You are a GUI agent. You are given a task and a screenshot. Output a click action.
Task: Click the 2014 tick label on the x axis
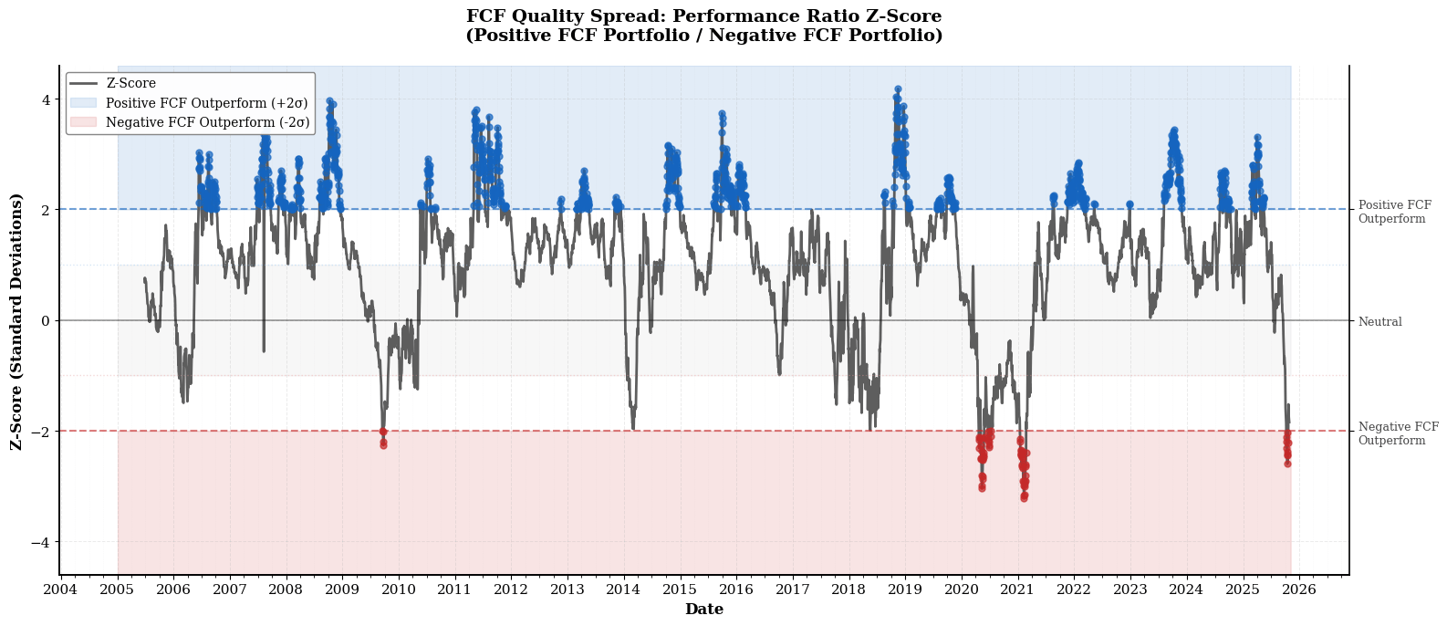click(623, 589)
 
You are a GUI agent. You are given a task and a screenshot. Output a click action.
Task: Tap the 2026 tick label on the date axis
click(1299, 589)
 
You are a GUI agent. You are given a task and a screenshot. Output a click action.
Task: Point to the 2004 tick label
click(60, 589)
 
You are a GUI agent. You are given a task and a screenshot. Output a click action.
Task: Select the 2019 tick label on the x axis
click(905, 589)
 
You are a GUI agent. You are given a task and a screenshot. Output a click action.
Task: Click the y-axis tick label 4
click(46, 99)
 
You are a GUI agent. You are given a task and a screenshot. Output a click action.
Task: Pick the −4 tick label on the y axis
click(42, 542)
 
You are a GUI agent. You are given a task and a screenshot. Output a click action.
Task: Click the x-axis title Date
click(703, 610)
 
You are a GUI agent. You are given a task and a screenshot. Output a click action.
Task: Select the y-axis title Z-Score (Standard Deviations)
click(16, 321)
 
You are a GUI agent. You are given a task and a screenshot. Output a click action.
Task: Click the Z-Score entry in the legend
click(131, 84)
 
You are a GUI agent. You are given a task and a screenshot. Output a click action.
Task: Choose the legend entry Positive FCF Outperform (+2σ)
click(206, 103)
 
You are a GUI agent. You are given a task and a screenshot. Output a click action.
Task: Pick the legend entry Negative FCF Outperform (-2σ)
click(207, 122)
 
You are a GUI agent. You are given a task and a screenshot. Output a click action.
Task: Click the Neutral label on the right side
click(1379, 322)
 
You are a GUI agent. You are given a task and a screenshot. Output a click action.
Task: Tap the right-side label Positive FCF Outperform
click(1394, 213)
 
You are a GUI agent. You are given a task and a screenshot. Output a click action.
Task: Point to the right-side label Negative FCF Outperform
click(1398, 433)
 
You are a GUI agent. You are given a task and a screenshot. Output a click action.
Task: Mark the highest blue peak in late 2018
click(898, 89)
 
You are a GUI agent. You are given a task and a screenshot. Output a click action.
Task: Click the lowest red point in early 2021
click(1024, 498)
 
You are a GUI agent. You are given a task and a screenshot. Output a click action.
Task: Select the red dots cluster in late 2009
click(383, 439)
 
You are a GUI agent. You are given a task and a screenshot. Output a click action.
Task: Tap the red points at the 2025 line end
click(1287, 449)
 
